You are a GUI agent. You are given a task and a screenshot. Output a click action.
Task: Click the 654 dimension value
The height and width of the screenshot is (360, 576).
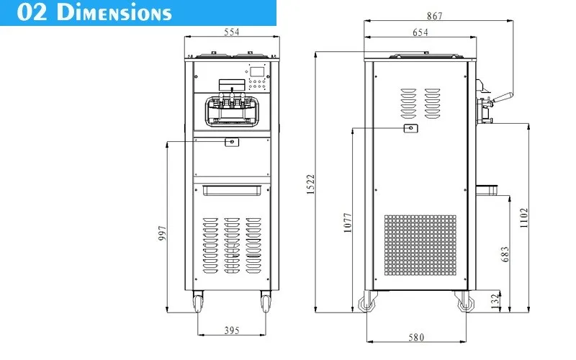[x=420, y=32]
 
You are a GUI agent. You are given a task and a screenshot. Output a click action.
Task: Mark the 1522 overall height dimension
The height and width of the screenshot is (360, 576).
[x=310, y=184]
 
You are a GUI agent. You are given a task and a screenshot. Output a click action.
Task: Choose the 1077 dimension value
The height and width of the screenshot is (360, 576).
[x=346, y=223]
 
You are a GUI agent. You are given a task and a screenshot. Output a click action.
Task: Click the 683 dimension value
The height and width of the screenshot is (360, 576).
[x=505, y=253]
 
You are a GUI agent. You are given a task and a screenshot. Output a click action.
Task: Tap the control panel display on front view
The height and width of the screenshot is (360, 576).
[x=256, y=73]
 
